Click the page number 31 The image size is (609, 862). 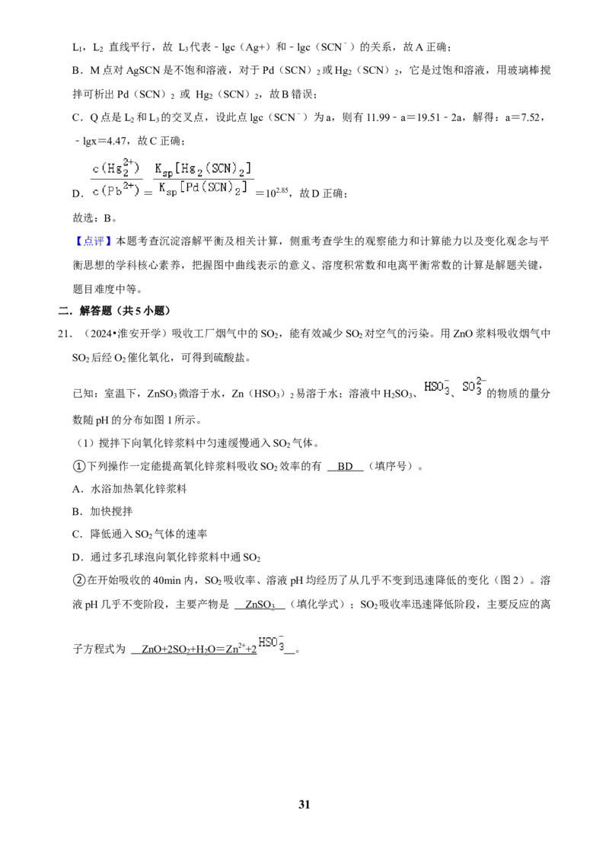[304, 804]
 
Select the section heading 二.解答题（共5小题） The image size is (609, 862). [114, 311]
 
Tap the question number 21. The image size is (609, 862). [64, 334]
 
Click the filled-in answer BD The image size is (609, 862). [345, 466]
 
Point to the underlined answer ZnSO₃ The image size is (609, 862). [260, 605]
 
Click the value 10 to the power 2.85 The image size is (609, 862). [278, 193]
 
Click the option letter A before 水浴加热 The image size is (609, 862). [78, 489]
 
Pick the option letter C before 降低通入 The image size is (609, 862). [78, 534]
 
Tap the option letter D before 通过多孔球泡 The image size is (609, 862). [78, 557]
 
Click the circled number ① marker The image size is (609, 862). [78, 466]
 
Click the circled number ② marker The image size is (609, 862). [78, 580]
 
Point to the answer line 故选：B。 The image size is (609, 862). [95, 218]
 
